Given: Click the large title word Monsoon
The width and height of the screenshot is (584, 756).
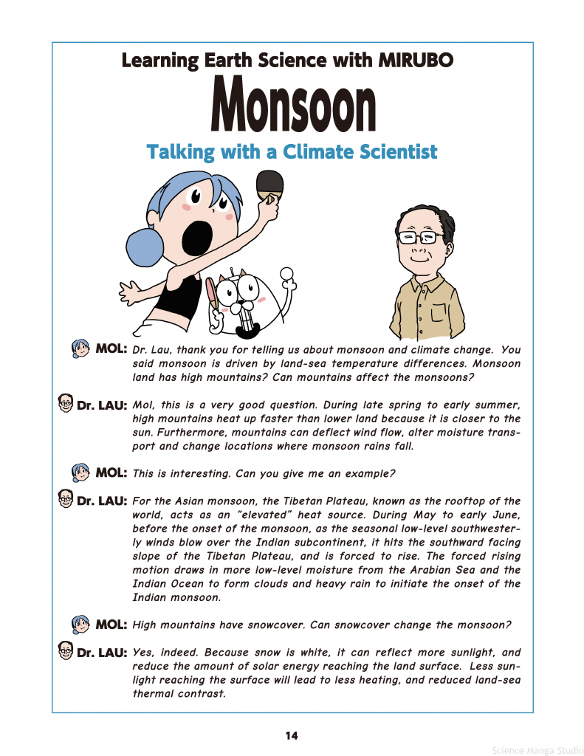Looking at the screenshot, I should (293, 106).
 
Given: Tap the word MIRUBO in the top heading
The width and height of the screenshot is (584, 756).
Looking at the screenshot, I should (416, 60).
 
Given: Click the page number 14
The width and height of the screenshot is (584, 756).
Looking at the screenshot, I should (292, 735).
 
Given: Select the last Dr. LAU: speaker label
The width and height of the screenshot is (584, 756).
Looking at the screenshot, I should (102, 653).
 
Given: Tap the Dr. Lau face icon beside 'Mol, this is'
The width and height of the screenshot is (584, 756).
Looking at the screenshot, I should (66, 403).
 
